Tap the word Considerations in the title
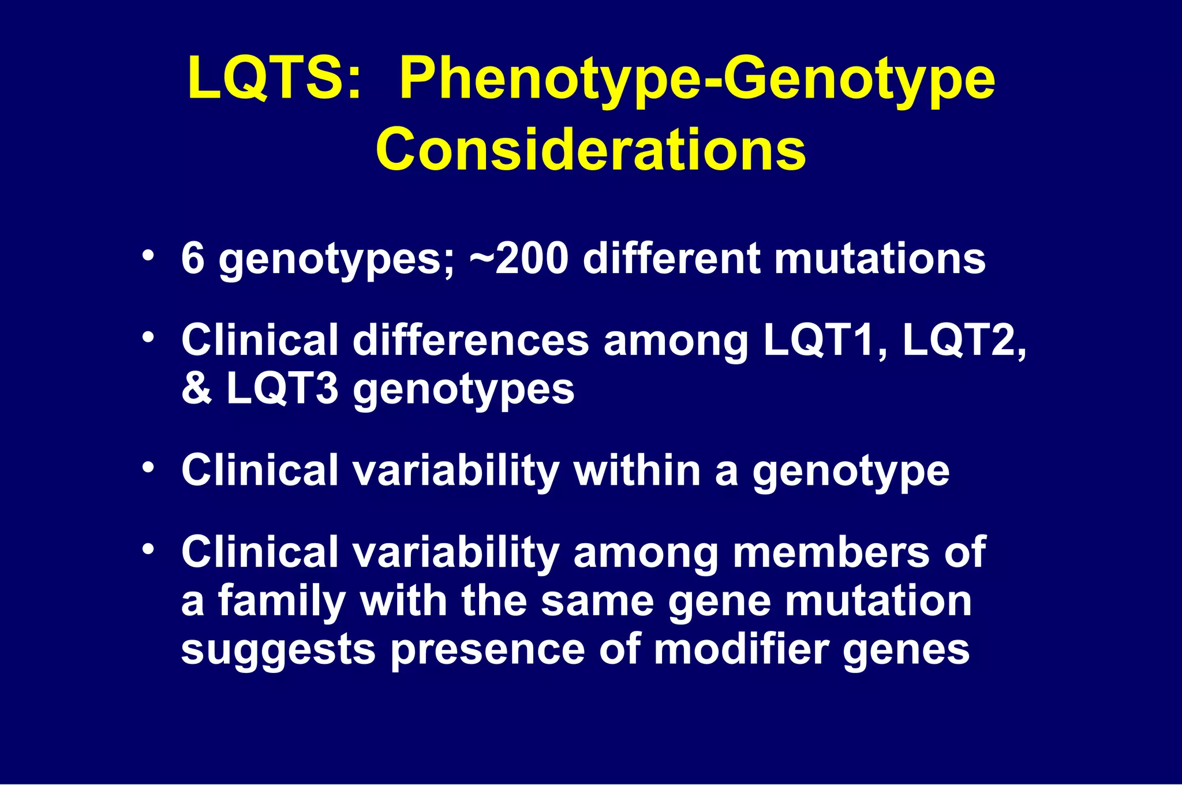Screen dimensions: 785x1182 click(590, 149)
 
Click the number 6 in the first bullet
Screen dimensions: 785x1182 click(193, 259)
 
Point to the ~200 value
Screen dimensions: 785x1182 click(519, 259)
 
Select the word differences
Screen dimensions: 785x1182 click(470, 340)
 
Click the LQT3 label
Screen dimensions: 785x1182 click(282, 388)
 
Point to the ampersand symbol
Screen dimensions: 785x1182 click(196, 388)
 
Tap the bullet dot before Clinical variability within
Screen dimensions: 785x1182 click(148, 467)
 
